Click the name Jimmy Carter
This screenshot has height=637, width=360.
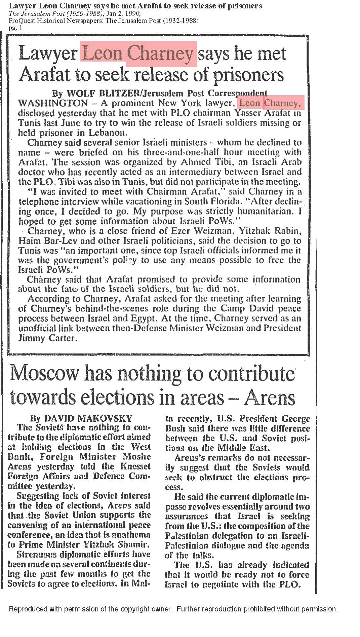point(47,338)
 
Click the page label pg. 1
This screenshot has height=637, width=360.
point(15,28)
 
